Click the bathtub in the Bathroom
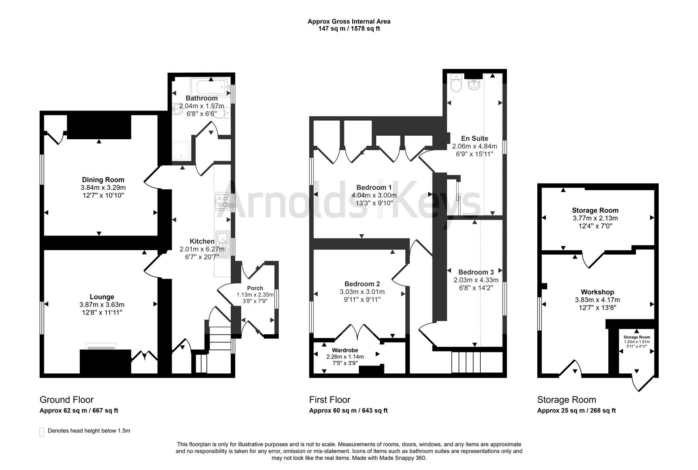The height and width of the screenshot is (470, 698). click(209, 86)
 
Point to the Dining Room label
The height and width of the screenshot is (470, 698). click(103, 180)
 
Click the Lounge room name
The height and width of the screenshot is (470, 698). click(102, 297)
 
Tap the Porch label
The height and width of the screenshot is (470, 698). click(255, 288)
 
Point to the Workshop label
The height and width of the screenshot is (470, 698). click(597, 292)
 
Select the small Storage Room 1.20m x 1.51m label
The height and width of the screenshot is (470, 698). click(636, 337)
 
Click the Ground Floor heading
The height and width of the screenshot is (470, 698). click(67, 399)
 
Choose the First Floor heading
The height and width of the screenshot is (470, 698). click(330, 399)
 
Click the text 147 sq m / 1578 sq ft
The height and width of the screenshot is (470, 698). click(349, 29)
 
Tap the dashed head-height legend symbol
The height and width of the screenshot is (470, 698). click(42, 432)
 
